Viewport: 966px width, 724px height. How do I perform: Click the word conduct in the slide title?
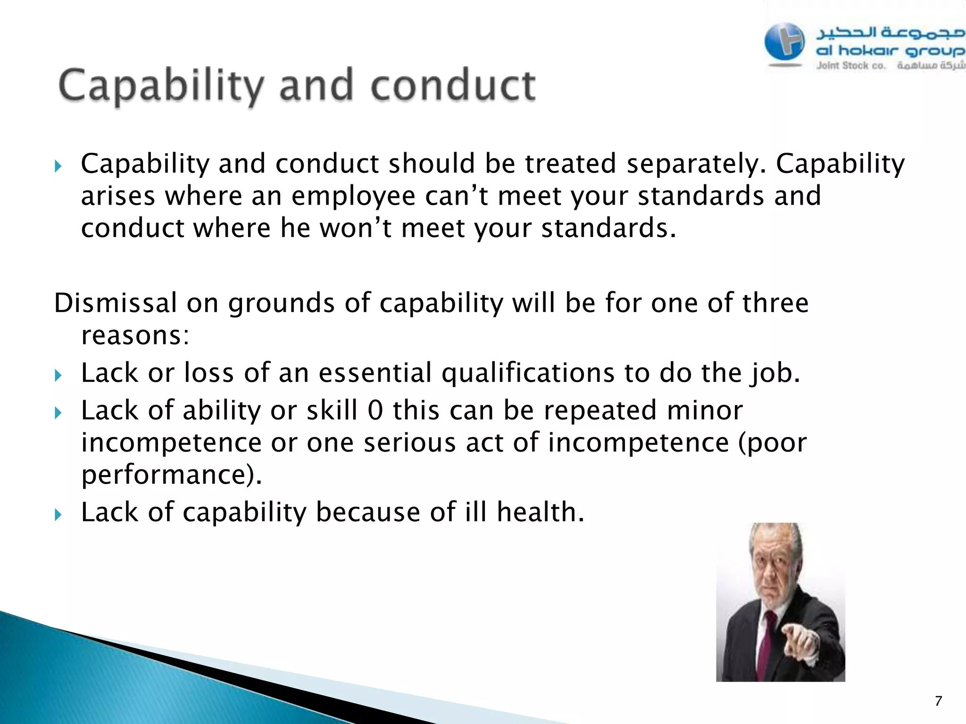pyautogui.click(x=453, y=86)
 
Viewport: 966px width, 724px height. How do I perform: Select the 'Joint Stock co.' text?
pyautogui.click(x=851, y=66)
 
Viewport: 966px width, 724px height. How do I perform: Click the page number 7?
pyautogui.click(x=938, y=701)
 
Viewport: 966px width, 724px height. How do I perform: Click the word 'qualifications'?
pyautogui.click(x=528, y=373)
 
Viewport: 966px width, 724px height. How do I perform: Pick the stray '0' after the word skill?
pyautogui.click(x=375, y=411)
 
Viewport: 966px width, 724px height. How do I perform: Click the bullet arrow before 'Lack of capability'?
pyautogui.click(x=58, y=514)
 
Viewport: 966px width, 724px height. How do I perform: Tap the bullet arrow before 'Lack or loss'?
pyautogui.click(x=58, y=375)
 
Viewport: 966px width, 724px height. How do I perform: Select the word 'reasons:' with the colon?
pyautogui.click(x=135, y=336)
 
